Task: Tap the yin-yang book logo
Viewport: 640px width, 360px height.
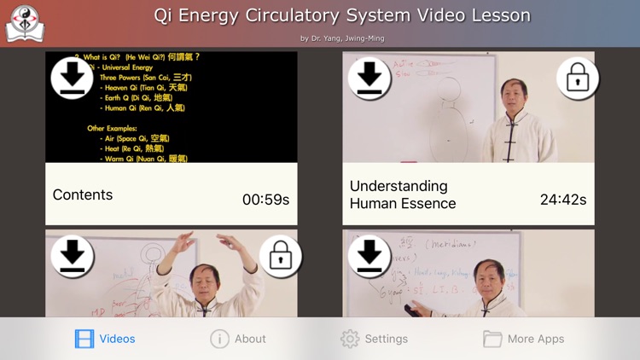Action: pyautogui.click(x=25, y=24)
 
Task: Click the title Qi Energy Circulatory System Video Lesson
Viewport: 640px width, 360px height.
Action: pyautogui.click(x=342, y=15)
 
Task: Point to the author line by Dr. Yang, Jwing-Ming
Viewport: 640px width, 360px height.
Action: pyautogui.click(x=342, y=38)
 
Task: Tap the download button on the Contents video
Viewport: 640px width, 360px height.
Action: pyautogui.click(x=72, y=78)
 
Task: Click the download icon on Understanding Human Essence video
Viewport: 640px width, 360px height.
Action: pyautogui.click(x=369, y=78)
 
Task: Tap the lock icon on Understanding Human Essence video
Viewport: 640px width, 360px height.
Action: pyautogui.click(x=578, y=79)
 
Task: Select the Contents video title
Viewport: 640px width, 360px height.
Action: pyautogui.click(x=83, y=195)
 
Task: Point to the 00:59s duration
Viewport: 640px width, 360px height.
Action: pyautogui.click(x=265, y=200)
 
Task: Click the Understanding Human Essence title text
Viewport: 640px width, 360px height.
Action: pyautogui.click(x=403, y=195)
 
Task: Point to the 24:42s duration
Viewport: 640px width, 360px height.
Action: pyautogui.click(x=563, y=200)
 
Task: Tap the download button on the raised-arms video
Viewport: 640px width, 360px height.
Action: pyautogui.click(x=72, y=256)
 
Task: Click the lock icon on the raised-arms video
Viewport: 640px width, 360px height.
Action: pyautogui.click(x=280, y=256)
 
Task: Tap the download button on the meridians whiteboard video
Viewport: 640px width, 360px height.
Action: pyautogui.click(x=369, y=256)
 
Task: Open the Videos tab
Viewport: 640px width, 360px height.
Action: pyautogui.click(x=105, y=339)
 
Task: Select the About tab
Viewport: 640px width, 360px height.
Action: pyautogui.click(x=238, y=339)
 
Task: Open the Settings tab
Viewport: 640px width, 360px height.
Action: pyautogui.click(x=374, y=339)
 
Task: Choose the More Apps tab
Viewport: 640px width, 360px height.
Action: pyautogui.click(x=523, y=339)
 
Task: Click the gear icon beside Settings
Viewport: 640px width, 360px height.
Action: pyautogui.click(x=350, y=339)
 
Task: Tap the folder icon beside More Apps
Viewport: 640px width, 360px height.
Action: pyautogui.click(x=492, y=339)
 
